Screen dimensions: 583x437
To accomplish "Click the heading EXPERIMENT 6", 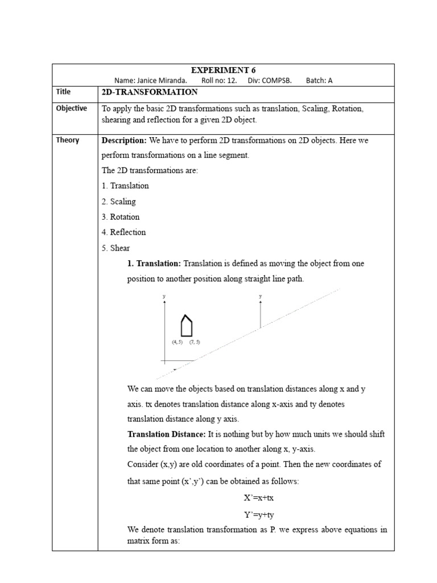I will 220,70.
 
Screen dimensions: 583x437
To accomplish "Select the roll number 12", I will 231,80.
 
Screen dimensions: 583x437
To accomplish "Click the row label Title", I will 63,92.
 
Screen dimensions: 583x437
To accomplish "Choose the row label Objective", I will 71,108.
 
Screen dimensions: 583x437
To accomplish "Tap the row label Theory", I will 68,140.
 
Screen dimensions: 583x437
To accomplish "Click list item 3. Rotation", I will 120,217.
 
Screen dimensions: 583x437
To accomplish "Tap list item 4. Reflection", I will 123,232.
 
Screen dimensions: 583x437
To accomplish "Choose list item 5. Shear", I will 116,248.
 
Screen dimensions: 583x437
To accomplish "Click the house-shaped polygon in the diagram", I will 186,326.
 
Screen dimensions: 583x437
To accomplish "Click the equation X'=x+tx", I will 259,498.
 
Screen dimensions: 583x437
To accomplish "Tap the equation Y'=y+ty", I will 259,514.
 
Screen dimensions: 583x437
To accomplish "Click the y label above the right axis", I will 260,297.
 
